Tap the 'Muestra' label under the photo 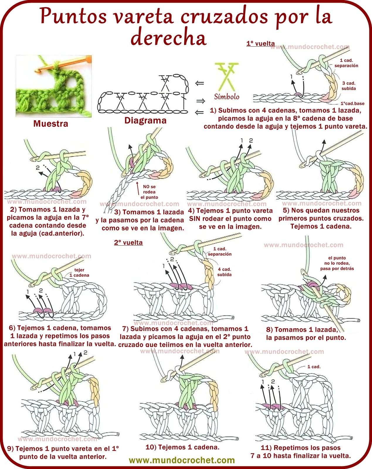pos(51,123)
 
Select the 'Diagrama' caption pos(145,120)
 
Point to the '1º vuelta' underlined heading pos(261,44)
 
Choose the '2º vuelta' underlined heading pos(128,243)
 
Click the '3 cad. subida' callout pos(349,86)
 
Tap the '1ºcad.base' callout pos(352,103)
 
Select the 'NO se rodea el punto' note pos(149,192)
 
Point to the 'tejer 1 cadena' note pos(79,272)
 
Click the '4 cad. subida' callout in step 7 pos(224,272)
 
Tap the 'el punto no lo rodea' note pos(337,263)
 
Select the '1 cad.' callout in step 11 pos(314,367)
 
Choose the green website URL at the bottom pos(182,460)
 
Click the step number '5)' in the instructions pos(286,210)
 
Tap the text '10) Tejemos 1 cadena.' pos(182,447)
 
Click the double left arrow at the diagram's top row pos(200,83)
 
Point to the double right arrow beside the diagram pos(201,101)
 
